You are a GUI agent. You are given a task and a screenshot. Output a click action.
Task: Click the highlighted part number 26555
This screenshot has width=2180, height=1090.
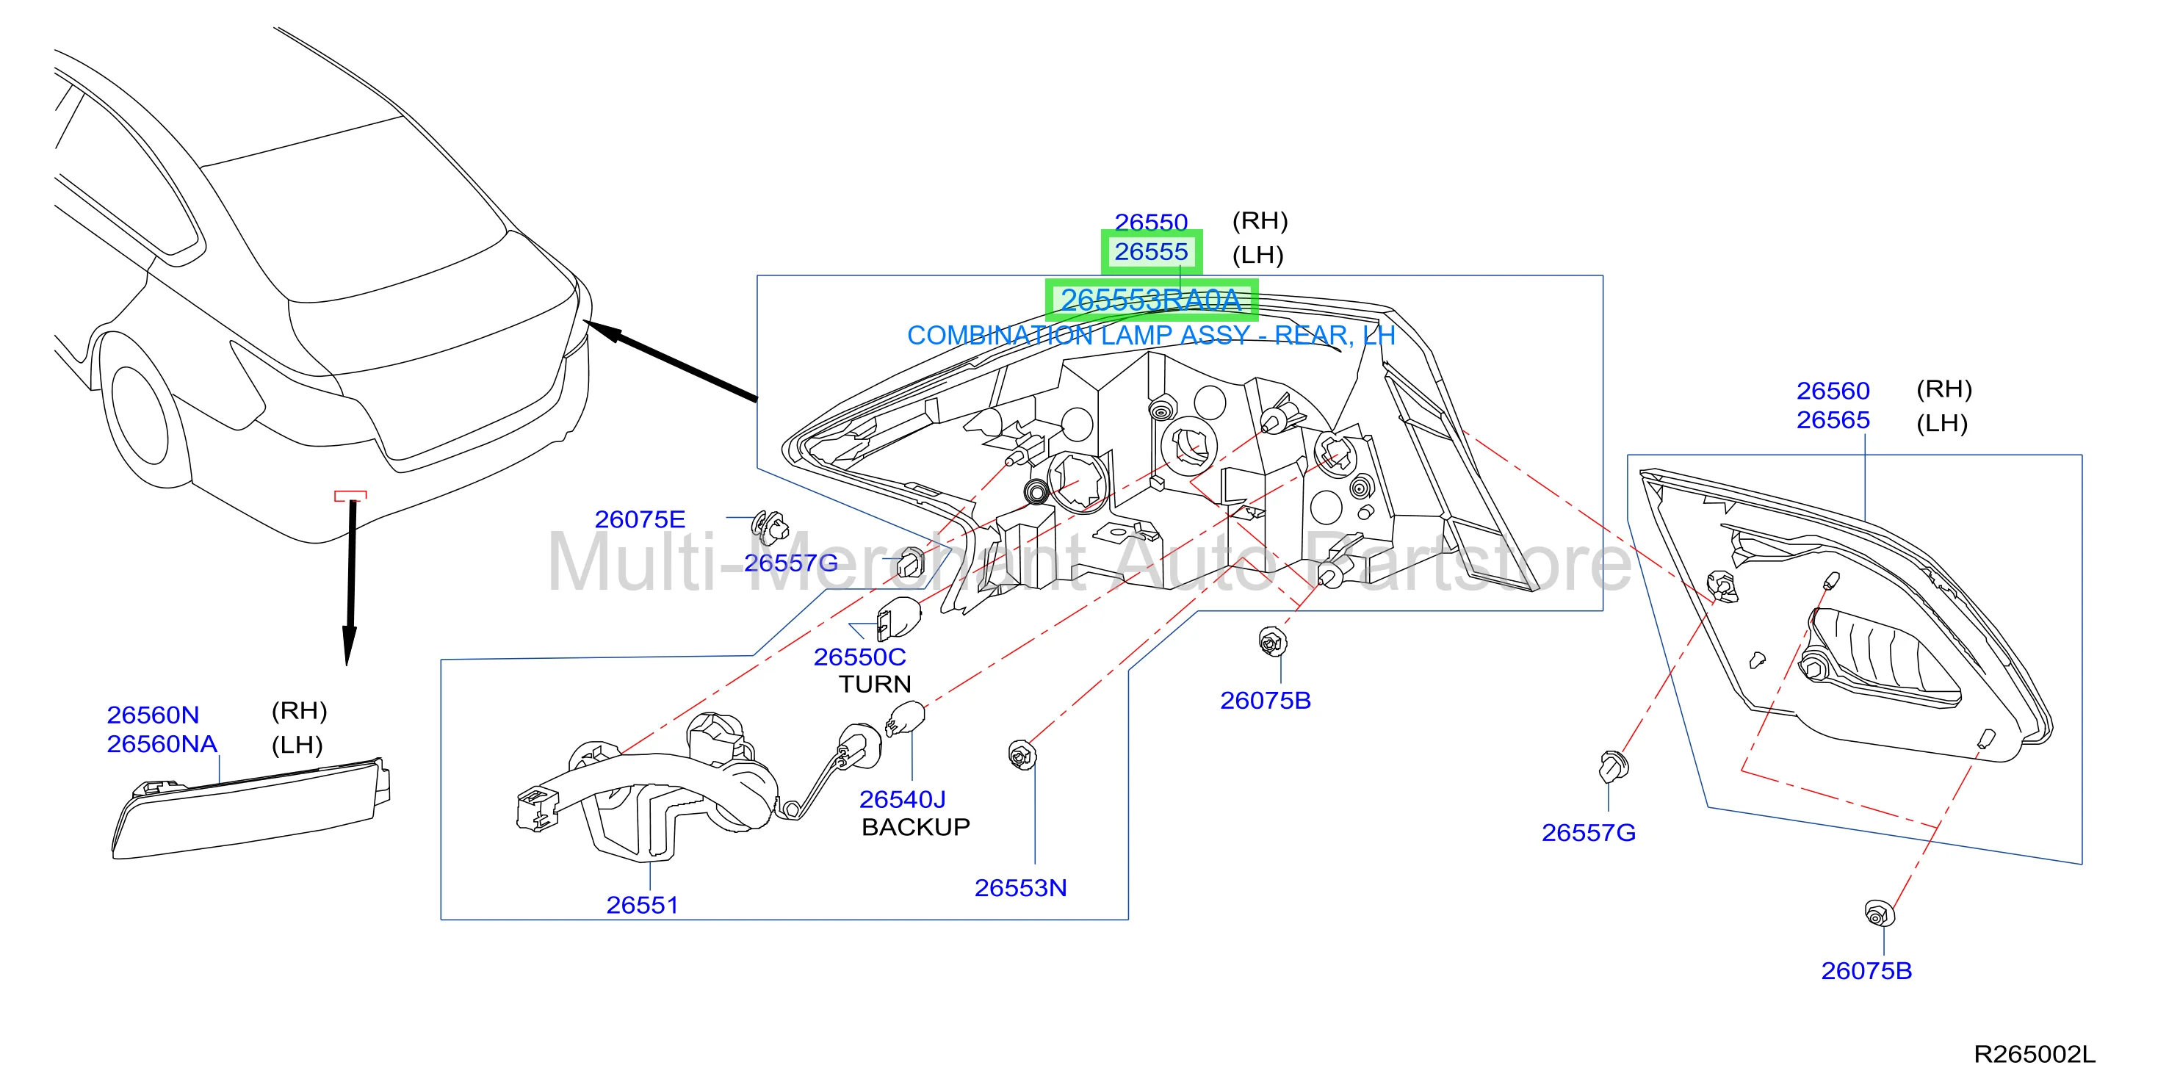(1151, 252)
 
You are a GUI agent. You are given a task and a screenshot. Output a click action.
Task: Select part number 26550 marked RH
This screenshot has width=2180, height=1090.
(1151, 222)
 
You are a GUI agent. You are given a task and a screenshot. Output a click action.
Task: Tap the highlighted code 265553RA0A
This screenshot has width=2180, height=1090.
(1151, 300)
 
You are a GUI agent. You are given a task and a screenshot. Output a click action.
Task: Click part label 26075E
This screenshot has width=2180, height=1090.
(640, 519)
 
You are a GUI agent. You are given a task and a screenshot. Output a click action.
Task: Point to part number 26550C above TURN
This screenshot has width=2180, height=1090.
(860, 657)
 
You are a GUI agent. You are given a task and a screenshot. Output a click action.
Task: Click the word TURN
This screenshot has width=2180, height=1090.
(875, 684)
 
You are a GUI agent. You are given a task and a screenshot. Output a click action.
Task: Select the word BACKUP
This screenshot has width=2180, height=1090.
(916, 827)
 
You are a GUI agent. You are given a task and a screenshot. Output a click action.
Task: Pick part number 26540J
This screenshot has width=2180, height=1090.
(902, 799)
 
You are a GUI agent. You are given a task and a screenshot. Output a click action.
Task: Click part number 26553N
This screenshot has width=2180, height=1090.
(1021, 888)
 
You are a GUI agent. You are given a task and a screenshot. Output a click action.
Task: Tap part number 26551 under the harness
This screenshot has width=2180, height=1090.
(642, 905)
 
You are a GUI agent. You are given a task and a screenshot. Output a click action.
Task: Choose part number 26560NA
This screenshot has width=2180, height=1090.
(162, 744)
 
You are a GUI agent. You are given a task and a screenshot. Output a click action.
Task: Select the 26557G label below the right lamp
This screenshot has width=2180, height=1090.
(1589, 833)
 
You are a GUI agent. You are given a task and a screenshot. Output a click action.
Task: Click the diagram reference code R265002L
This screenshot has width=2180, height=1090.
(2035, 1055)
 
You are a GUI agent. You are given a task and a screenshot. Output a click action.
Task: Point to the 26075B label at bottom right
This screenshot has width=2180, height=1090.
(1866, 971)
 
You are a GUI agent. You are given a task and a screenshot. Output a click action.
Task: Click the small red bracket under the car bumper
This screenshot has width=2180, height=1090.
(350, 496)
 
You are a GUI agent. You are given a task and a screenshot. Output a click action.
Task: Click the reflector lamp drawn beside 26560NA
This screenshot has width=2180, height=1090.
(251, 808)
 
